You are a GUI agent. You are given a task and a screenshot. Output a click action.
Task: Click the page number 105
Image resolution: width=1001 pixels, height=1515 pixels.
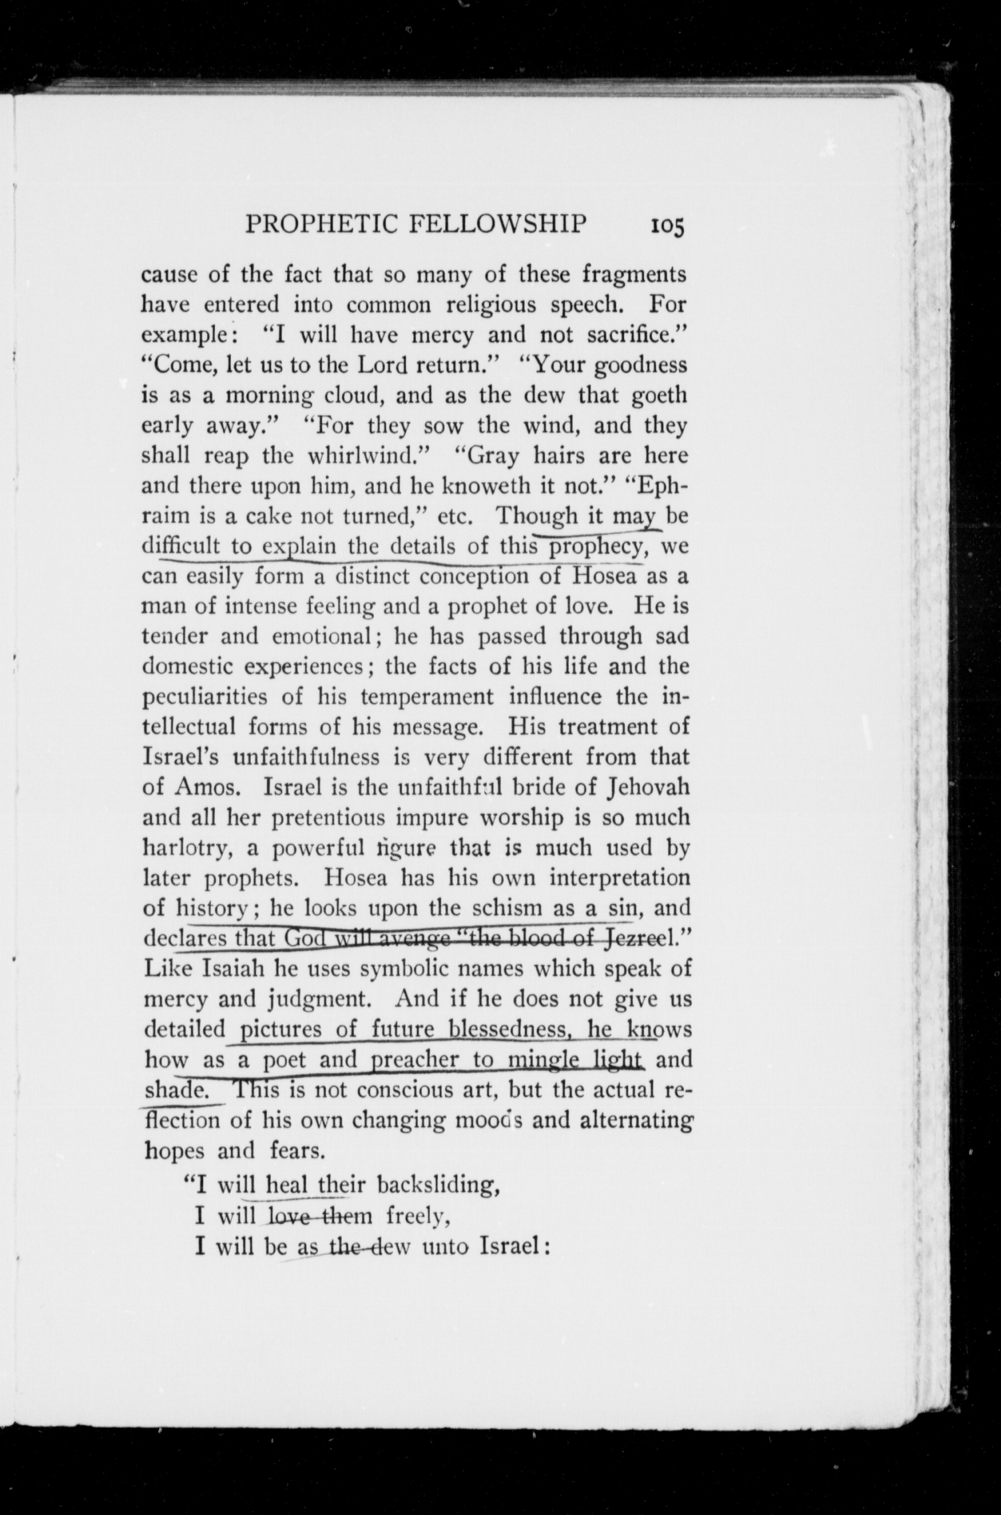pos(667,226)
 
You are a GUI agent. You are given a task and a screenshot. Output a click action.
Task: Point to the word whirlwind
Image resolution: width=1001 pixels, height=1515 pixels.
pos(363,456)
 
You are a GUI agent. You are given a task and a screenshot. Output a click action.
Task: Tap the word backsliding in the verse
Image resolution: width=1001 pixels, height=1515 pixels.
pos(437,1185)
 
